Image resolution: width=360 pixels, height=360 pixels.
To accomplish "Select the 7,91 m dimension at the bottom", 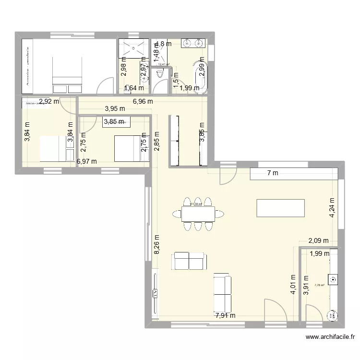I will point(226,315).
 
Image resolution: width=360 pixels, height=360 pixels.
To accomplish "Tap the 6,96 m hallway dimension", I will point(143,101).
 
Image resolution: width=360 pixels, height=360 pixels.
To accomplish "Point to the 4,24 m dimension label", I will point(332,208).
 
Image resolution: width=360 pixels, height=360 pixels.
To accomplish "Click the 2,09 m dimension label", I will point(318,241).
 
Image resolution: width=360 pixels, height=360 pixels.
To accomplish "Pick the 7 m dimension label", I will point(272,173).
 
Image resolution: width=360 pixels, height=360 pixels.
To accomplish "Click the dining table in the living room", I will point(197,213).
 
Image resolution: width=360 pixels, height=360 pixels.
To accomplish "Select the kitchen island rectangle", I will point(281,208).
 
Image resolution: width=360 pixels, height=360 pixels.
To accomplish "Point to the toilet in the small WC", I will point(159,74).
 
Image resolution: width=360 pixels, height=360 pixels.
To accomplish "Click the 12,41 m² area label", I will point(164,64).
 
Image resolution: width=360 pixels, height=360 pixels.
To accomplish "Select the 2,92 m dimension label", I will point(49,101).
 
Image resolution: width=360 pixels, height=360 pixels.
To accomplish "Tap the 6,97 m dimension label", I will point(87,162).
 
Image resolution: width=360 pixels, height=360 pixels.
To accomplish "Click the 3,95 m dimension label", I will point(115,108).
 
